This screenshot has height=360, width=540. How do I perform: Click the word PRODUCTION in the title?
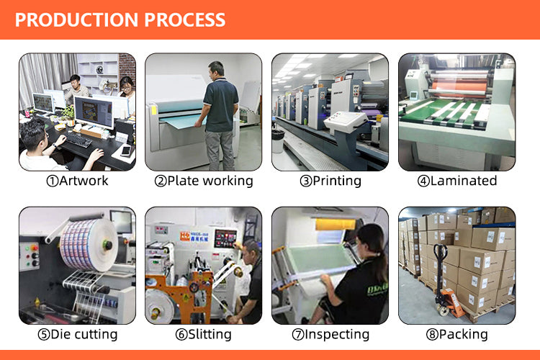coord(76,19)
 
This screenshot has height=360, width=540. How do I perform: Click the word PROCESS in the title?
coord(185,19)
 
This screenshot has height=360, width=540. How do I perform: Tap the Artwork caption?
coord(77,181)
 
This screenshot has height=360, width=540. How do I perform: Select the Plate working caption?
coord(204,181)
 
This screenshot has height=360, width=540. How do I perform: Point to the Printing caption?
coord(330,181)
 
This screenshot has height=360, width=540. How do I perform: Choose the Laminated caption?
coord(457,181)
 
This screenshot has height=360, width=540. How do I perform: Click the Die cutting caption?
coord(78,335)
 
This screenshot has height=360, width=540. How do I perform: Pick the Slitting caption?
coord(204,335)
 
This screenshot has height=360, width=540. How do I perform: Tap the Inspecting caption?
coord(330,335)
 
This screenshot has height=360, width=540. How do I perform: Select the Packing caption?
coord(457,335)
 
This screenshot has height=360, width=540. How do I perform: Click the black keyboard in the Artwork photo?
coord(79,140)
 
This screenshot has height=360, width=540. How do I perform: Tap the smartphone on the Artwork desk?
coord(126,150)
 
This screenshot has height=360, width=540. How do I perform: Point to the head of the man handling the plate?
coord(216,70)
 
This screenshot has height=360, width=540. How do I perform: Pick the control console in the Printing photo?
coord(346,122)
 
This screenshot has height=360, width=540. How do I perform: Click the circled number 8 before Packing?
coord(432,335)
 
